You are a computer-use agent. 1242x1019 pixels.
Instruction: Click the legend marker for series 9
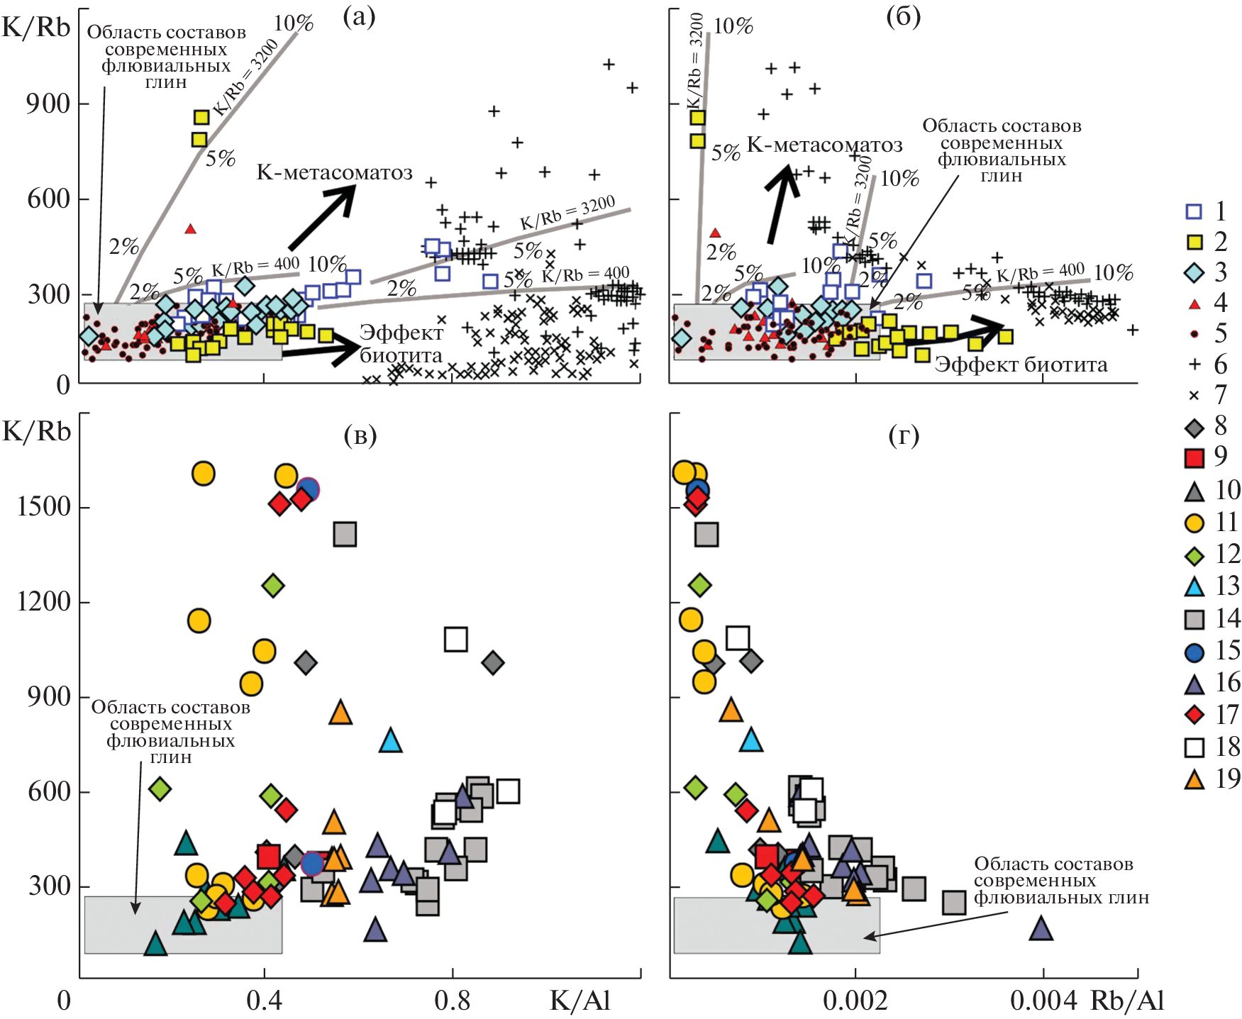(x=1194, y=457)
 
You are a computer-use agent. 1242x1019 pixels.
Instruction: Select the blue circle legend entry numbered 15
(x=1194, y=652)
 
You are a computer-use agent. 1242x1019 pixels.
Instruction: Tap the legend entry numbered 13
(x=1194, y=586)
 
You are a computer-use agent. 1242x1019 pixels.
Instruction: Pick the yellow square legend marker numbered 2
(x=1194, y=242)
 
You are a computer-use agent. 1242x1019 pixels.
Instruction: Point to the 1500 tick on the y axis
(x=44, y=507)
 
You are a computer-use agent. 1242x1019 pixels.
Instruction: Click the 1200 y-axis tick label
(x=44, y=602)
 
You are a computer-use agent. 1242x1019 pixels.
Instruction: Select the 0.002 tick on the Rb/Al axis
(x=855, y=1001)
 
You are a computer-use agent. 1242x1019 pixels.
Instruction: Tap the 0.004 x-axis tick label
(x=1043, y=1001)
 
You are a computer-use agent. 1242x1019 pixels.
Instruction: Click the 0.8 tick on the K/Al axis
(x=453, y=1001)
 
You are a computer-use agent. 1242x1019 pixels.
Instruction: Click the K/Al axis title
(x=580, y=1000)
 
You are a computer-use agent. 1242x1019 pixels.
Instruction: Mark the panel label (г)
(x=904, y=435)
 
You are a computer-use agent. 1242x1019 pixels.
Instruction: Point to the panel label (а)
(x=359, y=16)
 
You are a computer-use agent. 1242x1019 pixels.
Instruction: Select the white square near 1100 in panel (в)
(x=455, y=639)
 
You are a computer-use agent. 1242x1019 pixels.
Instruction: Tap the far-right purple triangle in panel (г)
(x=1041, y=928)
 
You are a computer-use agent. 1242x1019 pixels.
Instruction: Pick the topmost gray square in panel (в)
(x=345, y=534)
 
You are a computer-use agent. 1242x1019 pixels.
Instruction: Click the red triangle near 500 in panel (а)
(x=190, y=229)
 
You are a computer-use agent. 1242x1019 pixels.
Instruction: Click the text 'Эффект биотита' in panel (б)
(x=1021, y=364)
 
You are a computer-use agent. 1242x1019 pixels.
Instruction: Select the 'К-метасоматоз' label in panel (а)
(x=334, y=172)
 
